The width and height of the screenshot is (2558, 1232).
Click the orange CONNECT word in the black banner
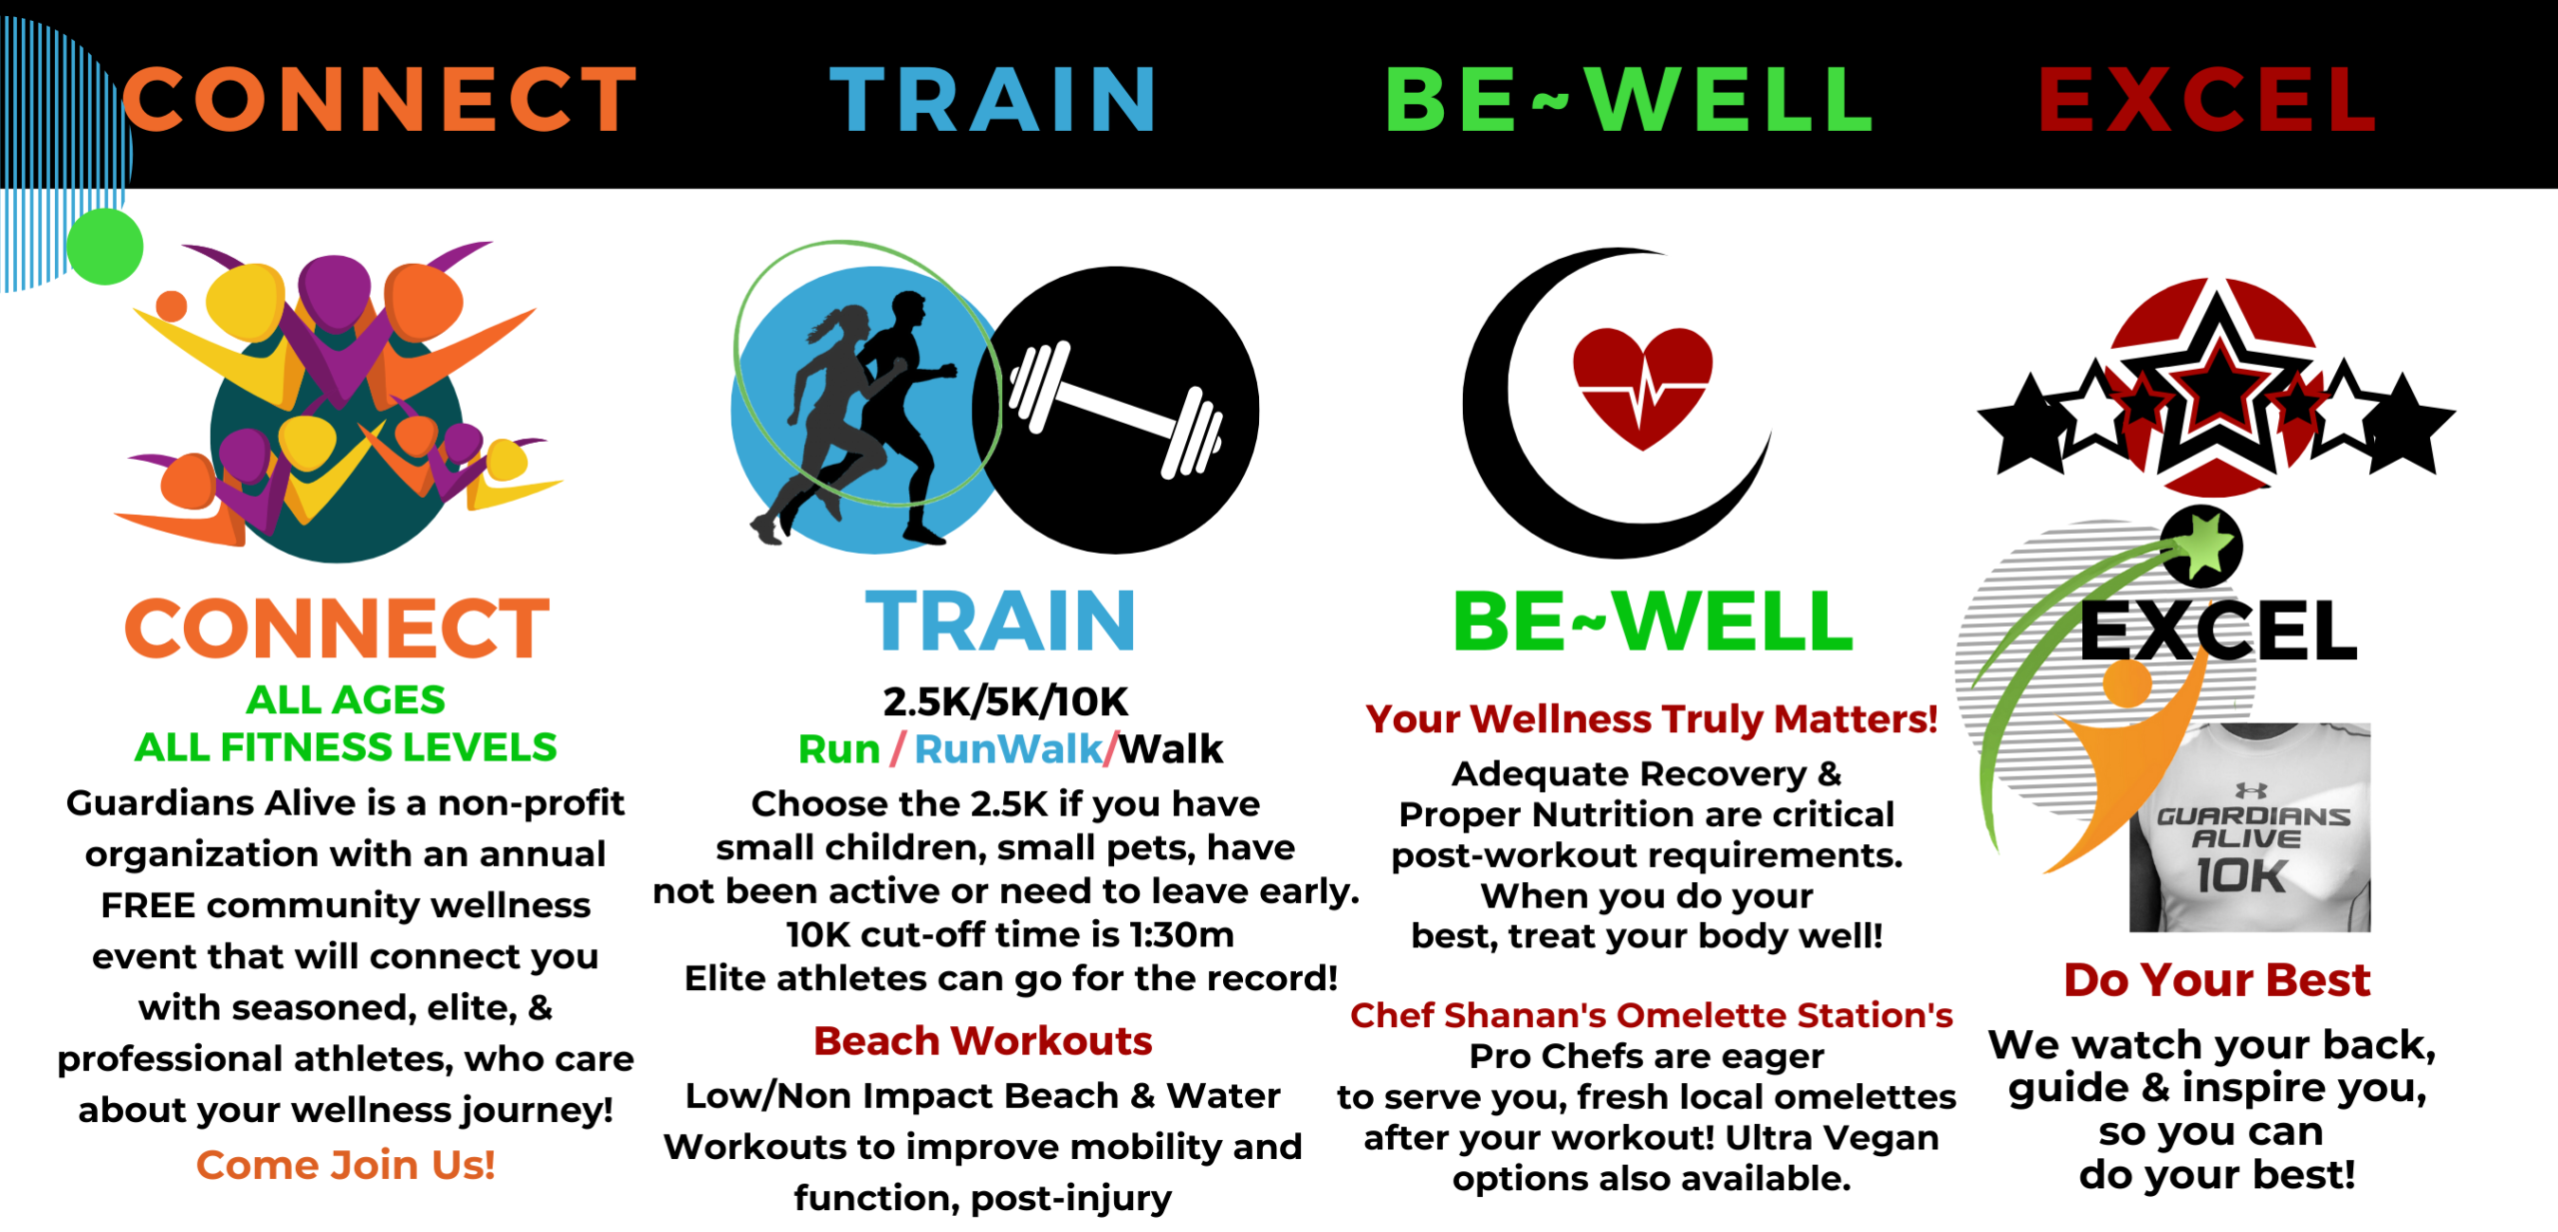click(380, 99)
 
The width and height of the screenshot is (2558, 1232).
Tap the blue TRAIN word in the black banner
click(994, 99)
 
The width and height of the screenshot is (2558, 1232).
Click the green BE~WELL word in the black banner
click(1629, 99)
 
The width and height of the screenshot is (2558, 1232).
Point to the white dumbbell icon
click(1116, 410)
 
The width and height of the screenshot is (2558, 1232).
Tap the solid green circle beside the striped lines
click(105, 246)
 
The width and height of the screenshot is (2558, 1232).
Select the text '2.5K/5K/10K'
click(1005, 701)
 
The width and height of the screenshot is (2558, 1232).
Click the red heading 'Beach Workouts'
click(982, 1041)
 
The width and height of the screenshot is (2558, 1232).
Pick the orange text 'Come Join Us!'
click(346, 1165)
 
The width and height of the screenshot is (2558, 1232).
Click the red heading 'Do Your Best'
click(2217, 980)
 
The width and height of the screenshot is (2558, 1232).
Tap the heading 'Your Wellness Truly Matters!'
click(1651, 718)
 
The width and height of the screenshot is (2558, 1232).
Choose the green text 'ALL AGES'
click(346, 699)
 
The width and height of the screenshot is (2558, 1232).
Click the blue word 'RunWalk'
click(1008, 749)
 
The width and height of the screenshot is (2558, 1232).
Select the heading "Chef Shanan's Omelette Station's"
click(1651, 1015)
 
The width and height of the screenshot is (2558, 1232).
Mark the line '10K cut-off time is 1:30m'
click(1010, 934)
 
